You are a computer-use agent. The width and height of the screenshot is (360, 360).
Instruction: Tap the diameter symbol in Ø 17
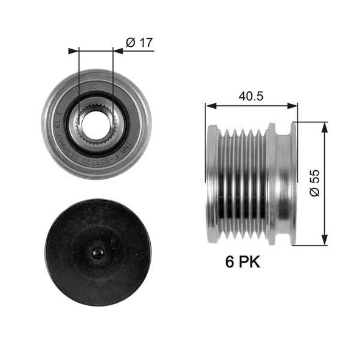point(130,43)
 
